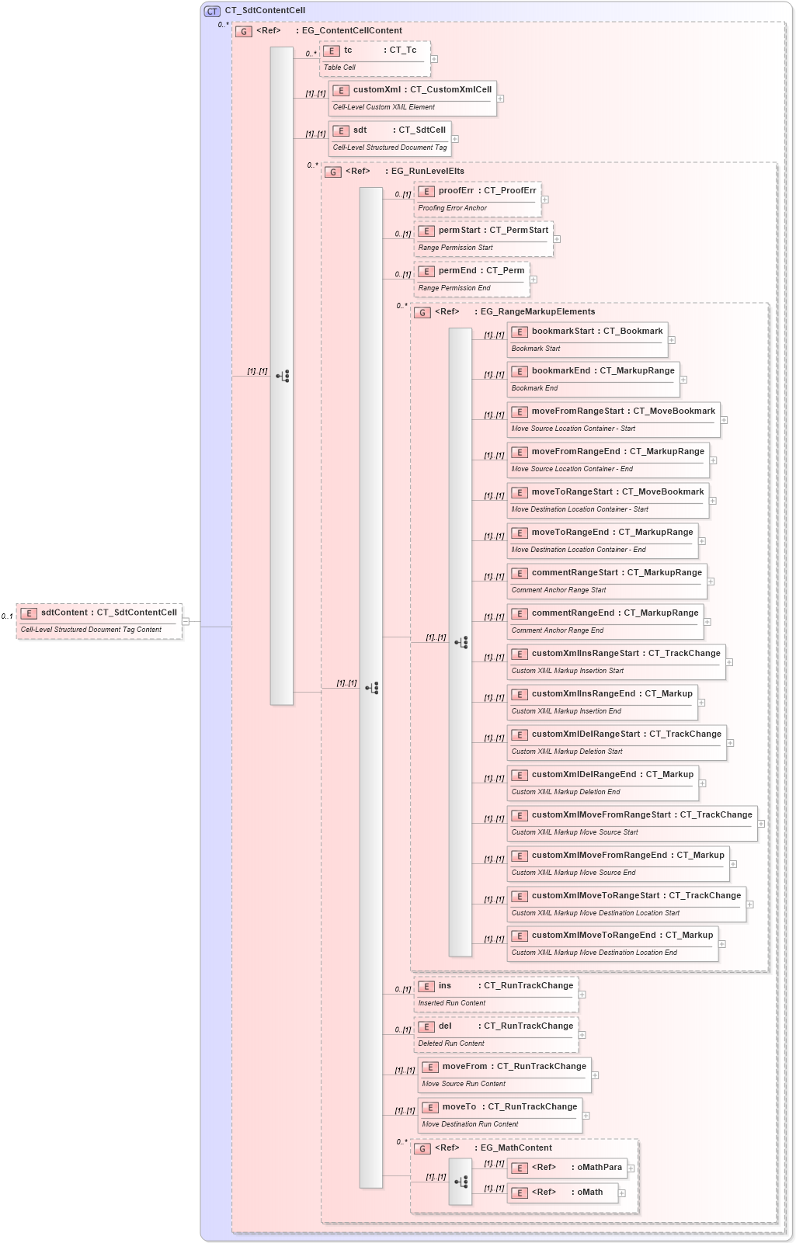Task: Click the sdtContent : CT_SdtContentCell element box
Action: [x=99, y=613]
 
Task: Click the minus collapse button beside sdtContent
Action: [x=186, y=621]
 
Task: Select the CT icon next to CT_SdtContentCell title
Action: [x=212, y=11]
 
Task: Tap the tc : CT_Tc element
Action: [x=374, y=51]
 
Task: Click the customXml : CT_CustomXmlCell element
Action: [x=412, y=90]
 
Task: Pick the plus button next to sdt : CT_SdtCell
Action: [x=455, y=139]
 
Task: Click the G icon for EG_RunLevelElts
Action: [x=333, y=172]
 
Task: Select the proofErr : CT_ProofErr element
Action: [x=477, y=191]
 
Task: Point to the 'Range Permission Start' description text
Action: [x=455, y=248]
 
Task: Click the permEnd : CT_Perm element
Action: [x=471, y=271]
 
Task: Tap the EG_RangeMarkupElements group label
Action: [x=537, y=312]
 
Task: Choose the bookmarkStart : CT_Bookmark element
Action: [x=587, y=332]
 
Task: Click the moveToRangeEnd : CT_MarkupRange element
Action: [x=602, y=533]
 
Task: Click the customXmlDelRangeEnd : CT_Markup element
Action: [x=602, y=775]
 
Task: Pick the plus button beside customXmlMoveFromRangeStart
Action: [x=761, y=824]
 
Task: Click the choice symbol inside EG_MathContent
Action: [x=461, y=1182]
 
